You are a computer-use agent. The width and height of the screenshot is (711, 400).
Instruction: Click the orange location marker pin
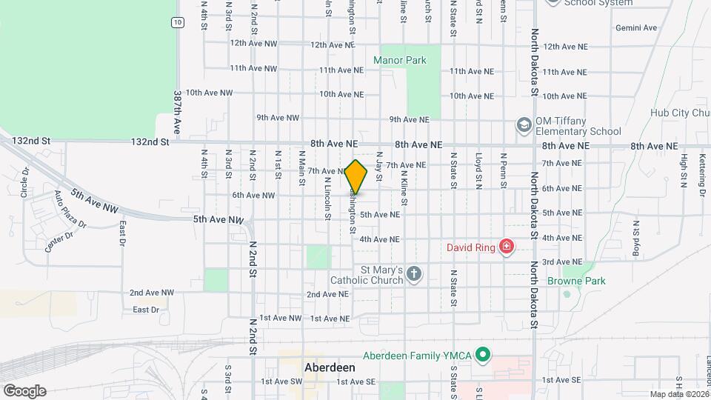pyautogui.click(x=356, y=177)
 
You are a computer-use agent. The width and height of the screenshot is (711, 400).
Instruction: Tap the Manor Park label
pyautogui.click(x=400, y=60)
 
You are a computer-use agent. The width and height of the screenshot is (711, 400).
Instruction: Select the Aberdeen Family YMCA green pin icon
pyautogui.click(x=483, y=356)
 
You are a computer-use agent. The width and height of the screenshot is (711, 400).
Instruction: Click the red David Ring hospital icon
pyautogui.click(x=507, y=246)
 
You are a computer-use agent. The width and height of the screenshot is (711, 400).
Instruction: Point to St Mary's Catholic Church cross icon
pyautogui.click(x=414, y=275)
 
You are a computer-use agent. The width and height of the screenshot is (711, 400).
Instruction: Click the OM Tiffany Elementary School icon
pyautogui.click(x=524, y=125)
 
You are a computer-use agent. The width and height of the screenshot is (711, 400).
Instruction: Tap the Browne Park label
pyautogui.click(x=576, y=281)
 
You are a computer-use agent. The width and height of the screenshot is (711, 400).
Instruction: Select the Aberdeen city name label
pyautogui.click(x=330, y=367)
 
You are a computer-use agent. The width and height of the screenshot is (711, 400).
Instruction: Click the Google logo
pyautogui.click(x=24, y=390)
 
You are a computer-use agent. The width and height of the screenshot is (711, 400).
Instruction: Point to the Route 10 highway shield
pyautogui.click(x=177, y=23)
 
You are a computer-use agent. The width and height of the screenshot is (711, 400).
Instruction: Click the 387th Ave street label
pyautogui.click(x=178, y=108)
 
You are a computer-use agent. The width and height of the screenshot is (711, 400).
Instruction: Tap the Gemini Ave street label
pyautogui.click(x=636, y=28)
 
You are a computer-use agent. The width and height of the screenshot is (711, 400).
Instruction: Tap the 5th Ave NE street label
pyautogui.click(x=379, y=215)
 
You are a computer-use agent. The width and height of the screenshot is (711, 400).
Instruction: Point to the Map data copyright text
pyautogui.click(x=678, y=393)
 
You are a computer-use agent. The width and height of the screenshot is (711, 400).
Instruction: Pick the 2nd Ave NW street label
pyautogui.click(x=151, y=293)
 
